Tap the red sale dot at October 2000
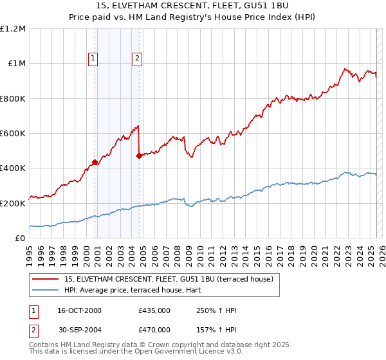pos(95,162)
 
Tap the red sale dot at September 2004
pos(139,156)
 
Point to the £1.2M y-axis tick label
pos(13,29)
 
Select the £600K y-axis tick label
pos(13,133)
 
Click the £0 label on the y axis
pos(21,238)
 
